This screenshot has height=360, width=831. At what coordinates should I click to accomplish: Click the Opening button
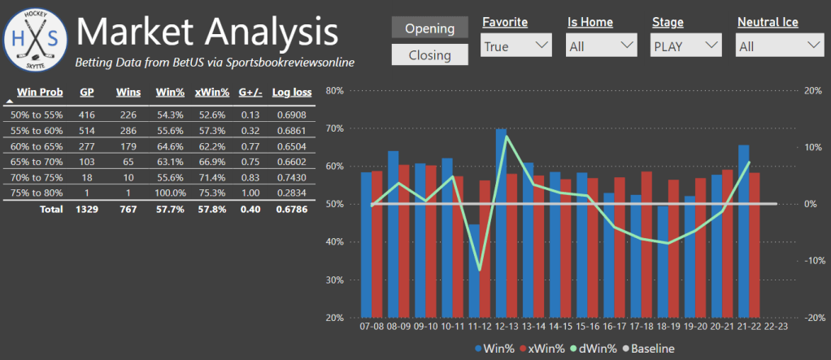(429, 28)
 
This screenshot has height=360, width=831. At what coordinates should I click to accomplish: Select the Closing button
(429, 54)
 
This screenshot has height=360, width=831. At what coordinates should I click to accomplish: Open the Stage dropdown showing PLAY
(687, 46)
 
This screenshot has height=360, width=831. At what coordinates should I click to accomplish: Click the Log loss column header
(292, 92)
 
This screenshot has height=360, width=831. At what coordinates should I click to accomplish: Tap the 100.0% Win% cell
(170, 193)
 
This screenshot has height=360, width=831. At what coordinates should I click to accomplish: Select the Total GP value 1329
(86, 209)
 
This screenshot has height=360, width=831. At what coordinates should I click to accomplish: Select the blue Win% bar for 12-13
(501, 223)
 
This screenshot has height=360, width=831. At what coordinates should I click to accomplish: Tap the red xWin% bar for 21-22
(755, 245)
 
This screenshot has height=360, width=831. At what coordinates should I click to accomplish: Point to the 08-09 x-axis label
(398, 326)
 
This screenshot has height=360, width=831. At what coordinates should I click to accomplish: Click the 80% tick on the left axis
(334, 90)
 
